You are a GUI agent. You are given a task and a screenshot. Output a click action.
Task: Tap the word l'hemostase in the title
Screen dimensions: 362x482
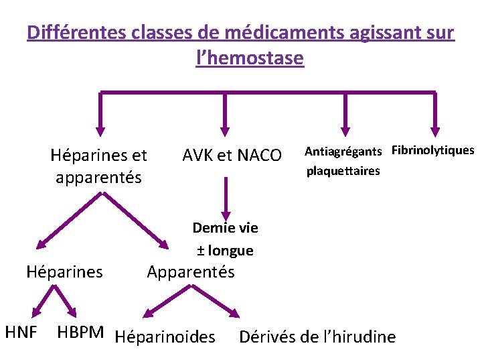[250, 59]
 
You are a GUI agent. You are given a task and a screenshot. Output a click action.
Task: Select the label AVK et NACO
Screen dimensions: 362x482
[232, 156]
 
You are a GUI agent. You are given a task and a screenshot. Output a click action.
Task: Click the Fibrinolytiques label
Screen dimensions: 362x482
[432, 150]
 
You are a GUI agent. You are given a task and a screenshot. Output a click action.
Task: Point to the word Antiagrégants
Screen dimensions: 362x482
[343, 151]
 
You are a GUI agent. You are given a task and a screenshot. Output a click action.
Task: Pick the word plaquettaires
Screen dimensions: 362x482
[343, 171]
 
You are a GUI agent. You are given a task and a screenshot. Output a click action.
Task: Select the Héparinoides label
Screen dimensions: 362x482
[165, 337]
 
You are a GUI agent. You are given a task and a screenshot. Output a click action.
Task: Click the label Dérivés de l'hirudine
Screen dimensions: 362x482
[317, 337]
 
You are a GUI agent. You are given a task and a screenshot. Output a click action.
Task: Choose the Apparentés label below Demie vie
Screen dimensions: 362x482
[191, 272]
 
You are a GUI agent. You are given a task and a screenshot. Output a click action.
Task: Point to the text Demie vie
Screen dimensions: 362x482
[225, 227]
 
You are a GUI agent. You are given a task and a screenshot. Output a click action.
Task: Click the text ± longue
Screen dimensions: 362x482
[225, 251]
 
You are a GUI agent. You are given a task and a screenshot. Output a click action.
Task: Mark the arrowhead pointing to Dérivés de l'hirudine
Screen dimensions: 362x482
[234, 312]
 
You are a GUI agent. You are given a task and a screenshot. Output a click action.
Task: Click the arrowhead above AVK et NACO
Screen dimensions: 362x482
[225, 129]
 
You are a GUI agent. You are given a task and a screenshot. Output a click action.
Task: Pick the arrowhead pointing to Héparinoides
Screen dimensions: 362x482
[149, 312]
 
